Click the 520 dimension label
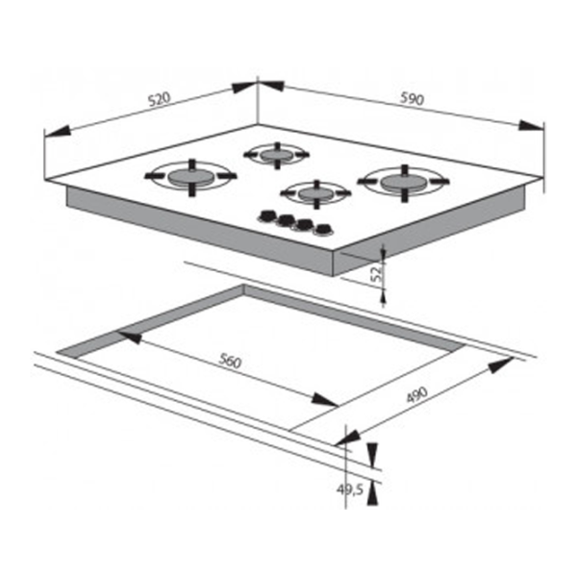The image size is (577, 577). [160, 99]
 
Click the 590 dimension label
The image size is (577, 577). [413, 98]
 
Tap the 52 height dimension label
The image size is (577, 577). [376, 274]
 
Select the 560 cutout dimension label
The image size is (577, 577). [230, 361]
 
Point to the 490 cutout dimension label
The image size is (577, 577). [417, 395]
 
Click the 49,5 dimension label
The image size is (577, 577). [350, 489]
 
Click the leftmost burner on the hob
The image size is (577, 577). [190, 177]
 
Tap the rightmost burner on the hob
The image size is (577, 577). [404, 182]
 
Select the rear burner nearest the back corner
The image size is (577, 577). [276, 155]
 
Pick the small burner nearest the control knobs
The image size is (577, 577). [315, 193]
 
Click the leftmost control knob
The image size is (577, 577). [267, 216]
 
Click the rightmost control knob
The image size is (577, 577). [324, 230]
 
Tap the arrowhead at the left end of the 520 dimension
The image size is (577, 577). [57, 131]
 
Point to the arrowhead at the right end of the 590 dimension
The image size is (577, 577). [531, 125]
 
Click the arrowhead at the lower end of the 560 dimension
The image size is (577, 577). [325, 400]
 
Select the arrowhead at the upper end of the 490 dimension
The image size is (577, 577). [501, 364]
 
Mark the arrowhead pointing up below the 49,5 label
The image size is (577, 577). [372, 493]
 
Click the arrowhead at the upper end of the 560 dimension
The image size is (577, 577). [130, 337]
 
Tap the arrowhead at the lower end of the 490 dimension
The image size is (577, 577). [348, 439]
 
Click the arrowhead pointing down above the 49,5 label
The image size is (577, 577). [372, 455]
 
